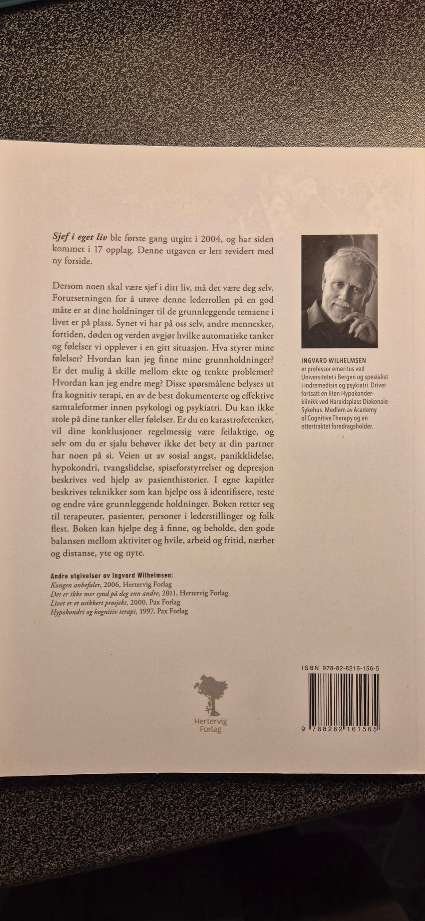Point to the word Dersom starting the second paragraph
pyautogui.click(x=67, y=286)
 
